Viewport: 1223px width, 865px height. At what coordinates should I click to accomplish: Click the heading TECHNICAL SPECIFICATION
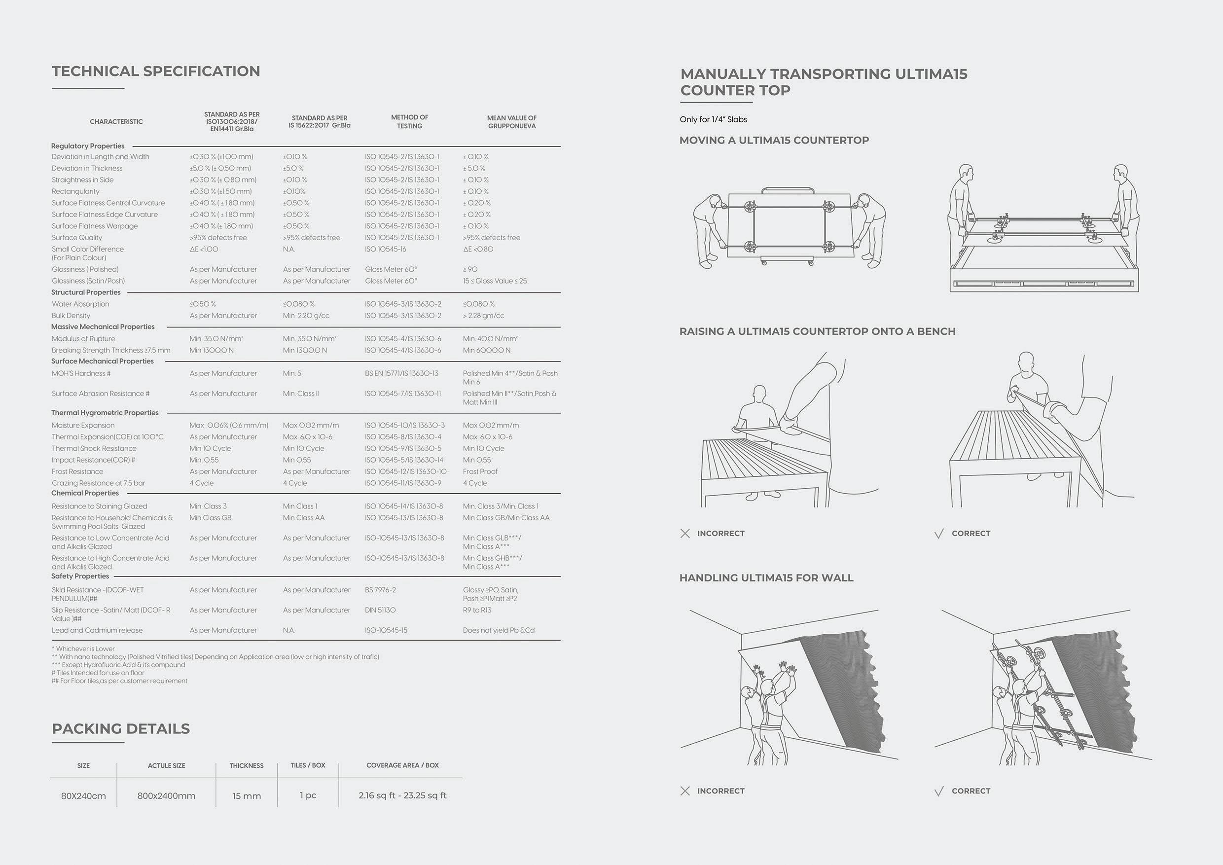pyautogui.click(x=155, y=72)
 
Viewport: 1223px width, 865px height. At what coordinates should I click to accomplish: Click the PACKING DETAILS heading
pyautogui.click(x=121, y=729)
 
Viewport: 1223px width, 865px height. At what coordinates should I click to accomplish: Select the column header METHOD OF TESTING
pyautogui.click(x=409, y=121)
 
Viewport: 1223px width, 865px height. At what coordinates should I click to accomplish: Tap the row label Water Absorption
pyautogui.click(x=80, y=304)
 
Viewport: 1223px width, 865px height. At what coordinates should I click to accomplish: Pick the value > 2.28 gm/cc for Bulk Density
pyautogui.click(x=483, y=316)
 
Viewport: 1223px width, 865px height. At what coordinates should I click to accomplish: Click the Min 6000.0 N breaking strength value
pyautogui.click(x=486, y=351)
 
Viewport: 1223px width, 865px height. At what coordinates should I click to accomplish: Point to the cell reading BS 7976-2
pyautogui.click(x=380, y=590)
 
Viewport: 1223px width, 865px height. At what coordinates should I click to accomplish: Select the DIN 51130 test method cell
pyautogui.click(x=380, y=611)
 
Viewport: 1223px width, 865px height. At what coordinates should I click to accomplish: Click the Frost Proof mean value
pyautogui.click(x=480, y=472)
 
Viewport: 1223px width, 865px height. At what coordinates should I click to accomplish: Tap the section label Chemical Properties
pyautogui.click(x=85, y=493)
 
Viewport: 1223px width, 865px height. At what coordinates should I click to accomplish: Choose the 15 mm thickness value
pyautogui.click(x=247, y=796)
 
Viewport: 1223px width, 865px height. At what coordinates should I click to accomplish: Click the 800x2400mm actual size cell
pyautogui.click(x=166, y=796)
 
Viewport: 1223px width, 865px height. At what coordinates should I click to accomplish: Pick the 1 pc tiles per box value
pyautogui.click(x=308, y=795)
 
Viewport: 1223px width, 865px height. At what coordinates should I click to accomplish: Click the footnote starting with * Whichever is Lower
pyautogui.click(x=83, y=649)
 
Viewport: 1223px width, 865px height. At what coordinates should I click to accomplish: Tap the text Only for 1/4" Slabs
pyautogui.click(x=713, y=119)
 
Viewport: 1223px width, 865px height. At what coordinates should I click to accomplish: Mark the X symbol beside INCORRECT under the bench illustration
pyautogui.click(x=685, y=533)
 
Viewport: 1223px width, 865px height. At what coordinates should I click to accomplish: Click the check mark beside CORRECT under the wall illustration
pyautogui.click(x=939, y=792)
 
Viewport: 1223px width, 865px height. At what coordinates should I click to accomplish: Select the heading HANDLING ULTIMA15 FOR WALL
pyautogui.click(x=766, y=578)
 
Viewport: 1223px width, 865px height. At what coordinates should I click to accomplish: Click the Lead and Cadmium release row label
pyautogui.click(x=97, y=631)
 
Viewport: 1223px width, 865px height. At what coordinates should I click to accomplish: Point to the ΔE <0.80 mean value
pyautogui.click(x=478, y=249)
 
